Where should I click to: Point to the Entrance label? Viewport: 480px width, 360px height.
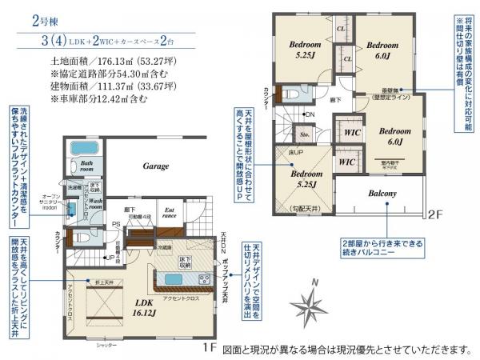[x=170, y=214]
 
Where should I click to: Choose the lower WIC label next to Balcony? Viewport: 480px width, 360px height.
[x=346, y=161]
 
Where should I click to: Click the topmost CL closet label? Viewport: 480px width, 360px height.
[x=341, y=30]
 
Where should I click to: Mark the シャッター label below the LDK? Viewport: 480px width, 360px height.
[x=106, y=346]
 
